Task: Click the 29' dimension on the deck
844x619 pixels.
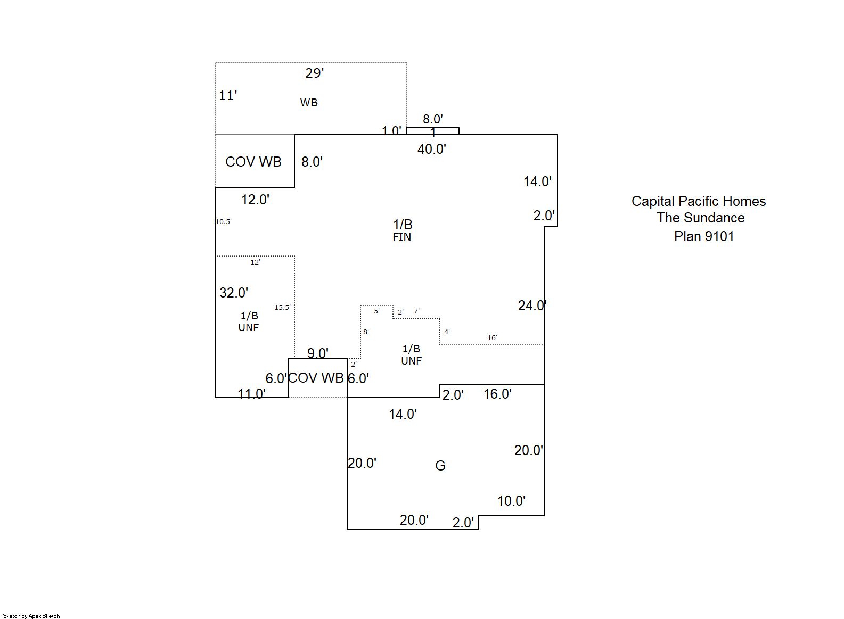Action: coord(314,73)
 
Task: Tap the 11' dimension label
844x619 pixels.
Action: coord(228,95)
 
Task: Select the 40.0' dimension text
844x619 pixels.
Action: coord(431,149)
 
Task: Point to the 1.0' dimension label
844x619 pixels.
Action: coord(391,130)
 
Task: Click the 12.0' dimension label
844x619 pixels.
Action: coord(255,200)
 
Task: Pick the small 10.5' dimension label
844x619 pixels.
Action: coord(223,222)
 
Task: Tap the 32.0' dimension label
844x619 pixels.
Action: coord(234,292)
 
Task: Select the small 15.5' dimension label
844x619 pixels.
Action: coord(282,307)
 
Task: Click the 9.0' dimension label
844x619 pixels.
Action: coord(317,353)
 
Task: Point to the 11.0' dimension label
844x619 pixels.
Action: coord(251,394)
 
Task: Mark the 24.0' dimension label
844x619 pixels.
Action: coord(532,306)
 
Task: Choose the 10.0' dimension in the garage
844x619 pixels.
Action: coord(511,501)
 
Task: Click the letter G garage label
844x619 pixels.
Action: coord(440,466)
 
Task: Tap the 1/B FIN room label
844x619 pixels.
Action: coord(403,230)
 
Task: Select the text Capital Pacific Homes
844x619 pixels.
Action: coord(699,201)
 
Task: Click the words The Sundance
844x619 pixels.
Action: coord(700,218)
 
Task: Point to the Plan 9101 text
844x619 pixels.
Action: coord(704,236)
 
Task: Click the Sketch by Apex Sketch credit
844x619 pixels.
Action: coord(31,616)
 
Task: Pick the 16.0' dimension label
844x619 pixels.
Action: coord(497,394)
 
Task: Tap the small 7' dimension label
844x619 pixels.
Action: coord(416,311)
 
